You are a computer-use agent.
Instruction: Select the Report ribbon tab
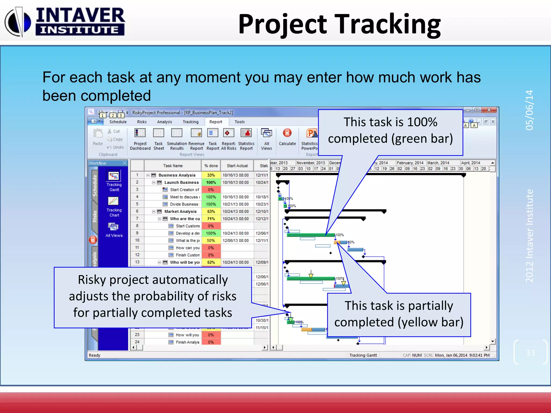pyautogui.click(x=216, y=122)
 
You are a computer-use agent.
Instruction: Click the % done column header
pyautogui.click(x=211, y=166)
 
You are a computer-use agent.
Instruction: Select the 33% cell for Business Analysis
pyautogui.click(x=211, y=175)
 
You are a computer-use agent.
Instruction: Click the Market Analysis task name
pyautogui.click(x=180, y=212)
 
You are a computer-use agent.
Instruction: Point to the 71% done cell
pyautogui.click(x=211, y=219)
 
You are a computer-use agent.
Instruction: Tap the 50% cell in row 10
pyautogui.click(x=211, y=241)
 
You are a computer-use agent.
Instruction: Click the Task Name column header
pyautogui.click(x=173, y=166)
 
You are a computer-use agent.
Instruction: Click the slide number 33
pyautogui.click(x=530, y=353)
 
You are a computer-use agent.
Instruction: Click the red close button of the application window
pyautogui.click(x=489, y=110)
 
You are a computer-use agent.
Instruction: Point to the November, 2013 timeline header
pyautogui.click(x=310, y=163)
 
